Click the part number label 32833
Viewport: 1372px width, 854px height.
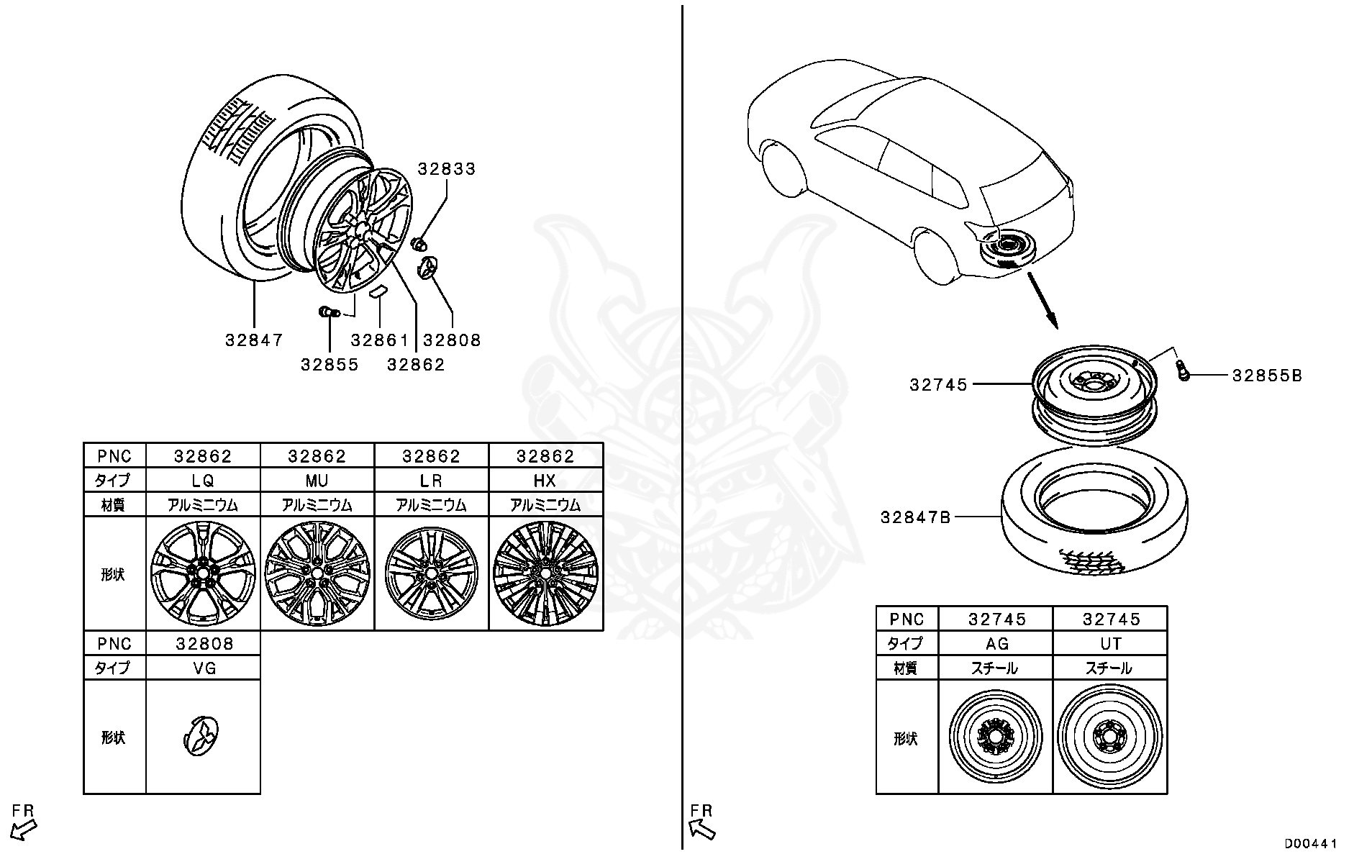click(x=447, y=169)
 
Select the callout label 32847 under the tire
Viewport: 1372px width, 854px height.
click(x=254, y=340)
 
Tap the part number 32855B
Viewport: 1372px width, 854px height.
click(x=1266, y=376)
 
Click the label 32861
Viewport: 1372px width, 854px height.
click(x=379, y=340)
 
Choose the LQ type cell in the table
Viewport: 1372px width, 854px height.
click(x=203, y=481)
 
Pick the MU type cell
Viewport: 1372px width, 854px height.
click(x=317, y=481)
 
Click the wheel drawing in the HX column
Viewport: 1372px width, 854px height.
click(x=545, y=573)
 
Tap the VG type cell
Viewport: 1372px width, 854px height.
click(x=203, y=668)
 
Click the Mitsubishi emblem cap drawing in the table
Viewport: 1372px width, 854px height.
click(x=204, y=736)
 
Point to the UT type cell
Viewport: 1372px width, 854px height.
click(x=1110, y=643)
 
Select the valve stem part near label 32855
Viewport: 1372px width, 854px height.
click(x=328, y=312)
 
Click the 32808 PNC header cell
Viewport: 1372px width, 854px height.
click(x=203, y=643)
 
